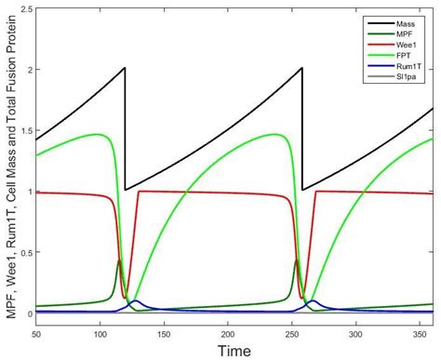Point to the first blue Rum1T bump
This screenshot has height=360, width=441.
(x=135, y=301)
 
